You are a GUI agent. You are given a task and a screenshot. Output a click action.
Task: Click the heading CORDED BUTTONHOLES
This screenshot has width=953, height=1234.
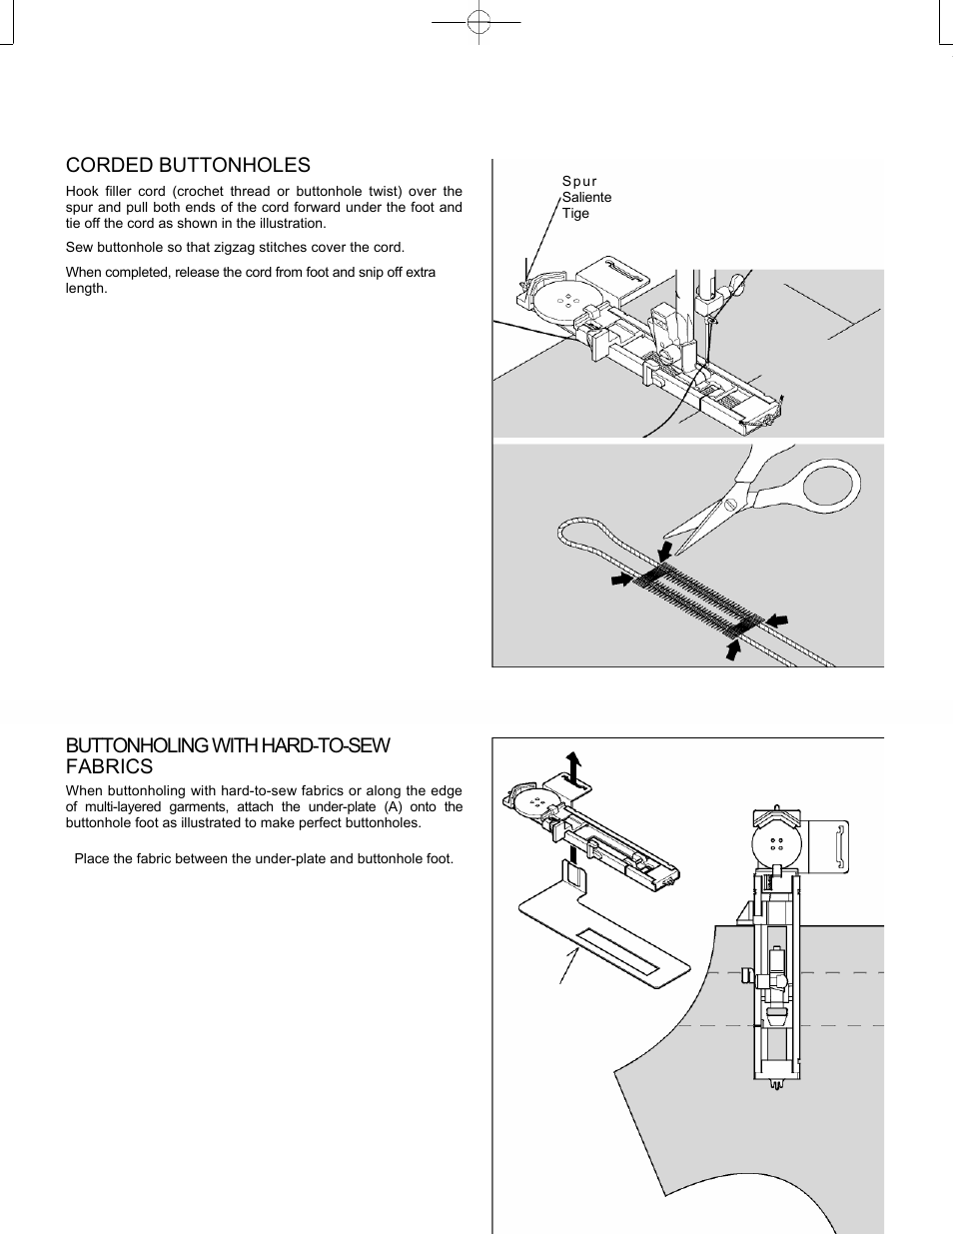coord(188,166)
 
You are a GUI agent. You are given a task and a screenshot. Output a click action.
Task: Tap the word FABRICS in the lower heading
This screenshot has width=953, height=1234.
coord(109,767)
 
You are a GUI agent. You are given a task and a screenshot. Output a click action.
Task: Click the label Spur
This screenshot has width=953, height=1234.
coord(579,181)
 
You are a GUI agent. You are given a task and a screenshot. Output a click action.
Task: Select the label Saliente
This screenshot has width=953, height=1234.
coord(586,197)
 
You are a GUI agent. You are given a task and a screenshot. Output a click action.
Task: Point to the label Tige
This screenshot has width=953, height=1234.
coord(575,213)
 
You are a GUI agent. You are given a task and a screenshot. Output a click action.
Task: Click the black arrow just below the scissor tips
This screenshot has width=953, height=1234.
coord(664,551)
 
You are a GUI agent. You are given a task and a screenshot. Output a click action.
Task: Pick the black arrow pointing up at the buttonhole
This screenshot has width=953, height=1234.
coord(735,649)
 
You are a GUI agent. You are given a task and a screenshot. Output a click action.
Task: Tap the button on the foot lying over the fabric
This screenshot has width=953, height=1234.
coord(776,842)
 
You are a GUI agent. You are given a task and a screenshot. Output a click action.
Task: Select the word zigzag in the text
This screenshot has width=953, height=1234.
coord(231,248)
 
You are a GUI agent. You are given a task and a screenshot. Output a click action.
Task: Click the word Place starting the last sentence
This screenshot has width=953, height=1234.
coord(92,858)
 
